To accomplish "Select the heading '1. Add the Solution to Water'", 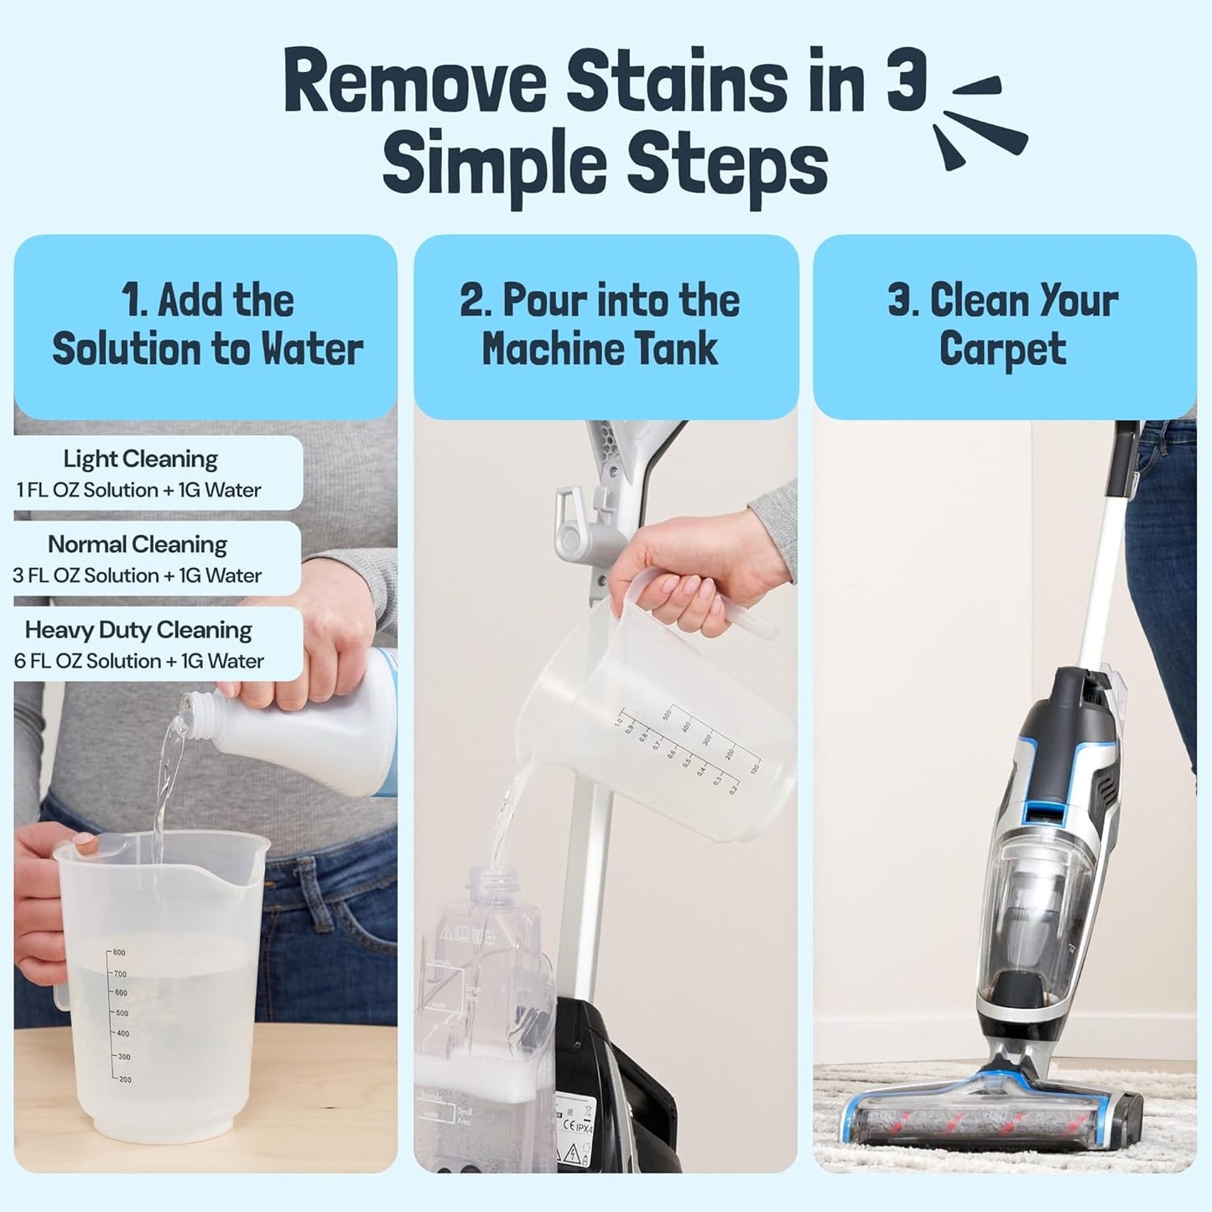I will pos(206,325).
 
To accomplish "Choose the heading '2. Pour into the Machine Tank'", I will pos(601,325).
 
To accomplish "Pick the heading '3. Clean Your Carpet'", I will pos(1002,325).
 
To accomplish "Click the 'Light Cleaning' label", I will pos(140,459).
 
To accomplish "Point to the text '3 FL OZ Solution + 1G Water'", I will pos(137,575).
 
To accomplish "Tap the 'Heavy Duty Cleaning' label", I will pos(138,630).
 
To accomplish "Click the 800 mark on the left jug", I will pos(118,953).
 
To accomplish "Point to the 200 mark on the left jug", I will pos(123,1079).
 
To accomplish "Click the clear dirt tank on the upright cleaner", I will pos(1036,923).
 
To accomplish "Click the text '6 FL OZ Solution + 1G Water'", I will pos(138,661).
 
